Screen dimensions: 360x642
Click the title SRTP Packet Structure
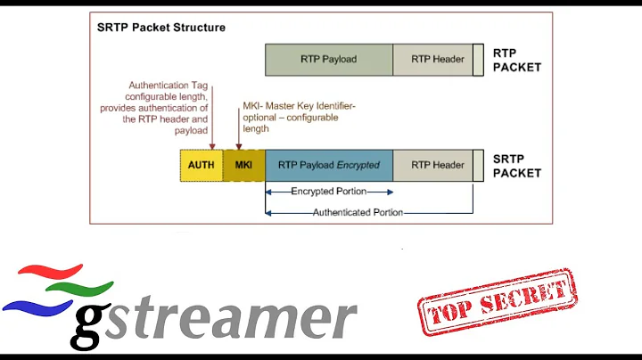pyautogui.click(x=161, y=28)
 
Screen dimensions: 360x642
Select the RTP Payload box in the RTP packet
pyautogui.click(x=329, y=60)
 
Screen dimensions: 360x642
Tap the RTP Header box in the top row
pyautogui.click(x=437, y=60)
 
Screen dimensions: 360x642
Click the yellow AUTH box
pyautogui.click(x=202, y=165)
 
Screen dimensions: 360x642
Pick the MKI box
pyautogui.click(x=243, y=165)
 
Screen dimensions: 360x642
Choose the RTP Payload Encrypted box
pyautogui.click(x=329, y=165)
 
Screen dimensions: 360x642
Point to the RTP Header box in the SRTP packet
pyautogui.click(x=437, y=165)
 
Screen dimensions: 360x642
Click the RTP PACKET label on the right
pyautogui.click(x=516, y=60)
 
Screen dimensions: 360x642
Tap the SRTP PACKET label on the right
pyautogui.click(x=516, y=166)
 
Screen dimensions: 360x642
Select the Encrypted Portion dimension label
pyautogui.click(x=329, y=192)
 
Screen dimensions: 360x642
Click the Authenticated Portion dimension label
pyautogui.click(x=358, y=212)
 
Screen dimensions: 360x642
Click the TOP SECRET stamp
pyautogui.click(x=496, y=301)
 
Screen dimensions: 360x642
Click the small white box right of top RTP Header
pyautogui.click(x=479, y=60)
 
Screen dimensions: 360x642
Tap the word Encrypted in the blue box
pyautogui.click(x=358, y=165)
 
